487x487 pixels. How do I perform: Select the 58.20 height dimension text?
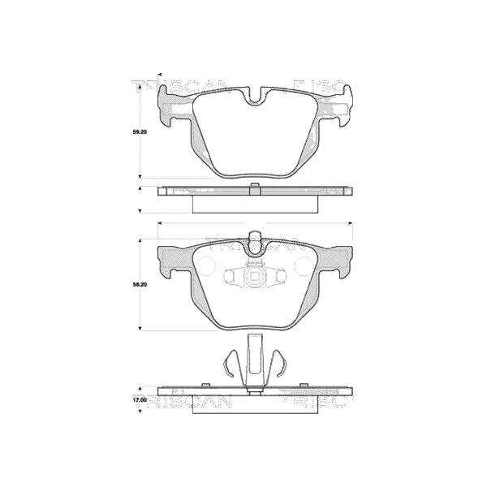(140, 285)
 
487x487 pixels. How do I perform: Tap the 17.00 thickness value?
(139, 400)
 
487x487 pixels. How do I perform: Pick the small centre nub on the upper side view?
(256, 190)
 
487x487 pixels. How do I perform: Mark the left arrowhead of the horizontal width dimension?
(160, 222)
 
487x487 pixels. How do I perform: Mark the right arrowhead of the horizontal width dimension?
(351, 222)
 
